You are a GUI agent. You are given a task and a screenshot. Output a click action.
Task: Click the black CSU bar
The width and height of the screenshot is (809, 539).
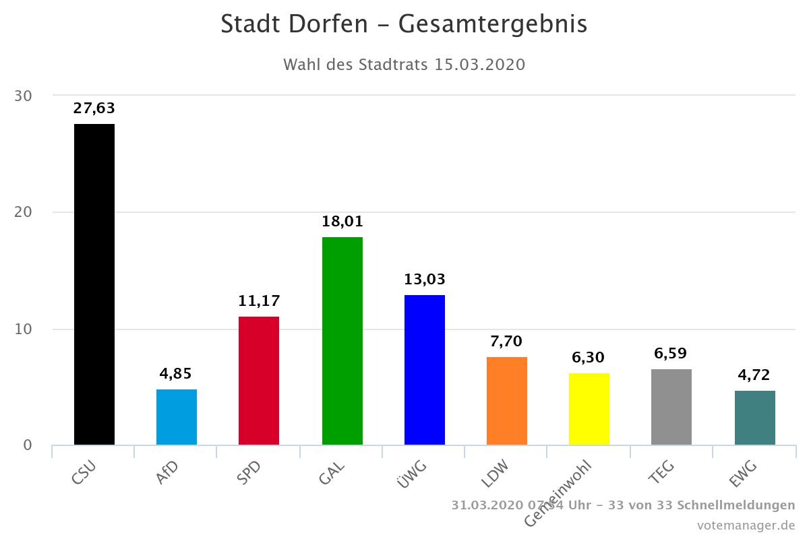coord(94,284)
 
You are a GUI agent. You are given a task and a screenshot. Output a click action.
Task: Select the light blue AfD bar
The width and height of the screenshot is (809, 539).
coord(177,417)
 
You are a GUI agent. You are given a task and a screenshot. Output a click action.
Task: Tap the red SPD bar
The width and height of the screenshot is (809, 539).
coord(259,381)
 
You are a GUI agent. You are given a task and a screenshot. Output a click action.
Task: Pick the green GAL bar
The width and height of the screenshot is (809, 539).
coord(342,341)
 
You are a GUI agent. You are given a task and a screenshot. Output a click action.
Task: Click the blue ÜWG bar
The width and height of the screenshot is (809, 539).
coord(425,370)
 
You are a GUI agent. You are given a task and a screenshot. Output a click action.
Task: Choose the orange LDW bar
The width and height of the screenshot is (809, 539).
coord(507,401)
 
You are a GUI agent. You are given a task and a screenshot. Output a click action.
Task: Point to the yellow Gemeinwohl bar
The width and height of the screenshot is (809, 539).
coord(589,409)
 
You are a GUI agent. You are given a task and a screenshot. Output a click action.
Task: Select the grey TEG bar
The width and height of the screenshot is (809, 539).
coord(671,407)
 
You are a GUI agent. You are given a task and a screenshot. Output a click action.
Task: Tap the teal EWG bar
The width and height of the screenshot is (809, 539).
coord(755,418)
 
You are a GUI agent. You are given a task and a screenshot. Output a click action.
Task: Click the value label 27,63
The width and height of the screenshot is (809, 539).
coord(94,108)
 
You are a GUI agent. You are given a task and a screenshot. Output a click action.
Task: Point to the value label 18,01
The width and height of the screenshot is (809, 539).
coord(342,222)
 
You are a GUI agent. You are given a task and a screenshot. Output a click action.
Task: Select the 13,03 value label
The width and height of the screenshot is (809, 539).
coord(425,280)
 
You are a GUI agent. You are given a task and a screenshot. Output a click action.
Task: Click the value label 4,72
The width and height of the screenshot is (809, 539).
coord(755,375)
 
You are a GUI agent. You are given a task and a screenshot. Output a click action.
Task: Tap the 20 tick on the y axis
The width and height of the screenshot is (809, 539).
coord(24,212)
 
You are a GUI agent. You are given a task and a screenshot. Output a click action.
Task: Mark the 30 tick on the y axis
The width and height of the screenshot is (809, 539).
coord(24,96)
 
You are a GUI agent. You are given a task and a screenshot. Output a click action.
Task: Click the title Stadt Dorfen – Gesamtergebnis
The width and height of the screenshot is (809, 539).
coord(404,24)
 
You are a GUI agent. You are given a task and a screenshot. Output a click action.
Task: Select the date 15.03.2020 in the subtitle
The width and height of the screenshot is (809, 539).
coord(480,65)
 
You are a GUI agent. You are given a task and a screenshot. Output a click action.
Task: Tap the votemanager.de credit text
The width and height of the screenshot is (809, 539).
coord(746,525)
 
